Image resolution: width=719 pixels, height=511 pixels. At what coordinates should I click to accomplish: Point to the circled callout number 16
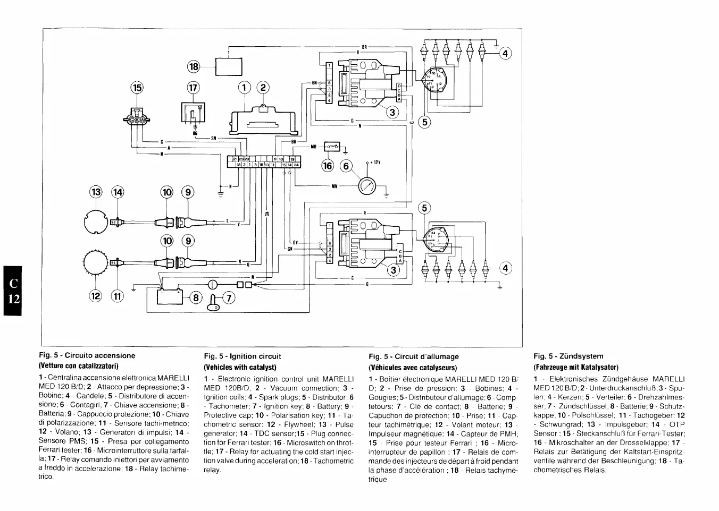coord(327,166)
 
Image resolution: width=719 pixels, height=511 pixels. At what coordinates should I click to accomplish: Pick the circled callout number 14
coord(116,192)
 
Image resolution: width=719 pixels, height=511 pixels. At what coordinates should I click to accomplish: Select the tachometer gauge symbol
coord(368,186)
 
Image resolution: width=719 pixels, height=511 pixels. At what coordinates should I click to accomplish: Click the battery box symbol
coord(170,295)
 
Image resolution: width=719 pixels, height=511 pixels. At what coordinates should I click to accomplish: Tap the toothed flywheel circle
coord(96,262)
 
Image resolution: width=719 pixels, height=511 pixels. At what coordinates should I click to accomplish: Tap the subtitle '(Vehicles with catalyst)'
coord(240,367)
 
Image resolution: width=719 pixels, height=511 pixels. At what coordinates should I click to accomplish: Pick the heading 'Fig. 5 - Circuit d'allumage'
coord(413,356)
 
